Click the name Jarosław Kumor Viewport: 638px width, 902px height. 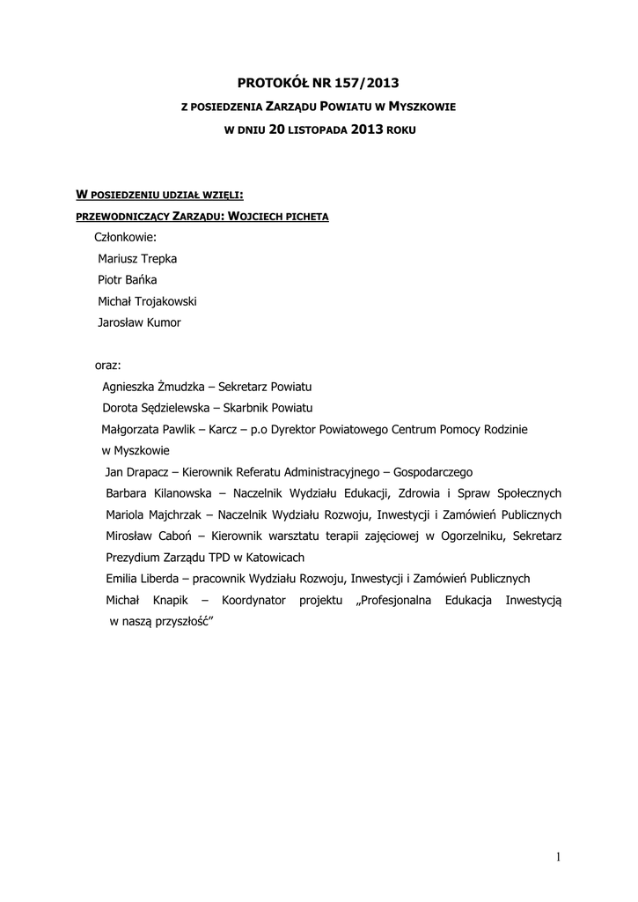[140, 322]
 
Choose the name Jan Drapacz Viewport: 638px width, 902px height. [137, 472]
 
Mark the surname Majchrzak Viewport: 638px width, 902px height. [174, 515]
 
